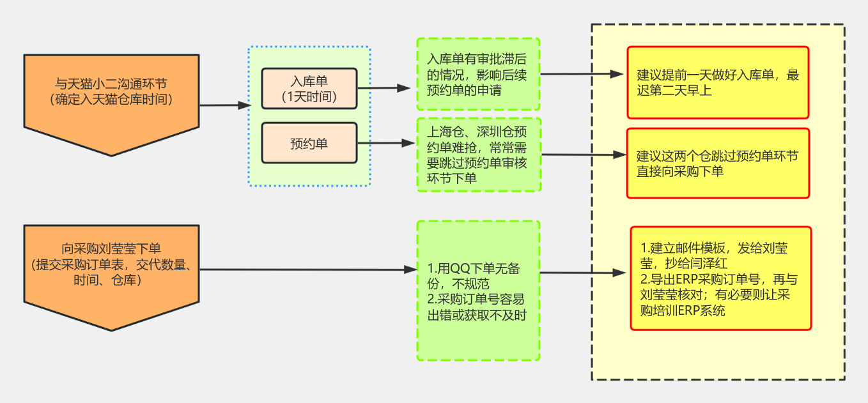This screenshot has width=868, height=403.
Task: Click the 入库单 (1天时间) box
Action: tap(309, 89)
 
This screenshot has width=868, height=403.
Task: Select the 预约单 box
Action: tap(309, 144)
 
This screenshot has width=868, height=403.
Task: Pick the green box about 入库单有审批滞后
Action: tap(478, 74)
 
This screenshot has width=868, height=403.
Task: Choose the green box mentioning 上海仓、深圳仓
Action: tap(478, 155)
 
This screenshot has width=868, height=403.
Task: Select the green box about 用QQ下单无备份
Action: tap(478, 291)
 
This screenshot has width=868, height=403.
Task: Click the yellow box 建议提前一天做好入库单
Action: tap(718, 82)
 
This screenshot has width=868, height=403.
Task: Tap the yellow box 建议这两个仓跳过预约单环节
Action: tap(718, 163)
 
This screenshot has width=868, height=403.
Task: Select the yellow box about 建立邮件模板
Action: tap(720, 278)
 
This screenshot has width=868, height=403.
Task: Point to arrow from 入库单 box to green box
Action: tap(384, 88)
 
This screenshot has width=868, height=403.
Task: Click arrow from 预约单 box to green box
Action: tap(384, 143)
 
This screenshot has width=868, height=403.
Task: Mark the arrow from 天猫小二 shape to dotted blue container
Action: tap(224, 105)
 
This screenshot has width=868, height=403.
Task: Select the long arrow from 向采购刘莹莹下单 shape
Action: tap(307, 270)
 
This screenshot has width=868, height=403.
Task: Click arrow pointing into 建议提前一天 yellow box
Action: tap(582, 74)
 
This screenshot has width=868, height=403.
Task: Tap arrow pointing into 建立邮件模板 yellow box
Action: tap(582, 273)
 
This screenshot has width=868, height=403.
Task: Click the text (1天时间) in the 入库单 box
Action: tap(309, 96)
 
